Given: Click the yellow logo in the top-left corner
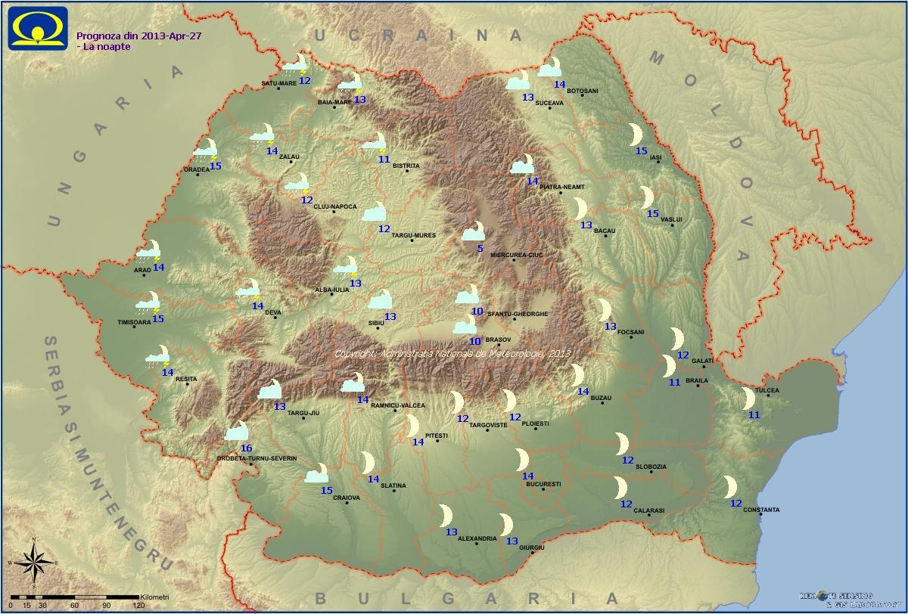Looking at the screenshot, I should [38, 28].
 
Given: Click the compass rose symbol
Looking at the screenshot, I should [34, 562].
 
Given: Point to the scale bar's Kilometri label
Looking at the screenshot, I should [154, 597].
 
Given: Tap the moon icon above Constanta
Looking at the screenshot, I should [729, 486].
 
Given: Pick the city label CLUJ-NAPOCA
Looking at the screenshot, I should [334, 206].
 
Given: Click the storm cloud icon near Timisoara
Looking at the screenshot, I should [148, 303].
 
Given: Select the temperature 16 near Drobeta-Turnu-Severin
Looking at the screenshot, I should [246, 448].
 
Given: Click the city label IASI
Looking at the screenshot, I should [655, 157].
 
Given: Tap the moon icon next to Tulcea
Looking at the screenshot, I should [748, 398].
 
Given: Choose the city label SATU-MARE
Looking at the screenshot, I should [278, 83].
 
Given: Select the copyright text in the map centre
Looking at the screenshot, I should [452, 353].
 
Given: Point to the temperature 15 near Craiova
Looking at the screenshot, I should [327, 491].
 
